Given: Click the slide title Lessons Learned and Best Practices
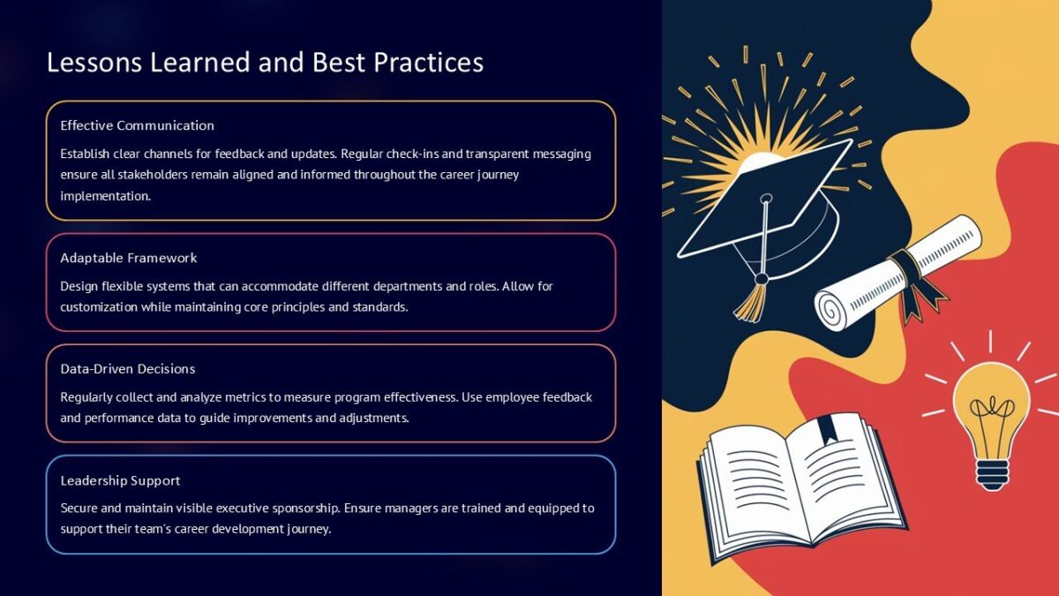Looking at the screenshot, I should click(265, 63).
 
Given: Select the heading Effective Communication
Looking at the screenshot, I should click(137, 125).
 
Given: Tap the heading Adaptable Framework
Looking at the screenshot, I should click(129, 258).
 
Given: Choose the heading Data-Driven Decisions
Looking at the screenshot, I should click(128, 368).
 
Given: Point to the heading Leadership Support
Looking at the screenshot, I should click(120, 480).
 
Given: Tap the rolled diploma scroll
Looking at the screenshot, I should click(896, 274).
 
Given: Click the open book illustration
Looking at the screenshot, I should click(799, 486).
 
